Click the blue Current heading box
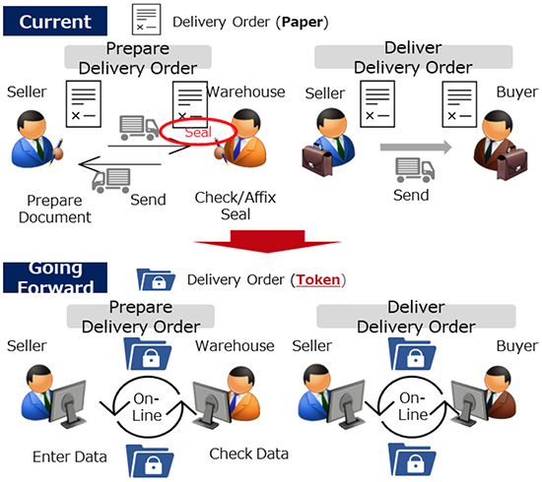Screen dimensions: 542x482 [55, 21]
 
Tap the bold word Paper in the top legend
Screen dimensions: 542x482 [303, 22]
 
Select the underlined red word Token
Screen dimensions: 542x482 [317, 279]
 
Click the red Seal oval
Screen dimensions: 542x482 [198, 132]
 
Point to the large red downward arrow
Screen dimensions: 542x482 [267, 241]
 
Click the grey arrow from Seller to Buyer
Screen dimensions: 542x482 [416, 148]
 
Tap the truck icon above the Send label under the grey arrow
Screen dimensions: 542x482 [415, 170]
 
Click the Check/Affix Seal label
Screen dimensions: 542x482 [236, 206]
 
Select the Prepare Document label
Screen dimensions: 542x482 [54, 210]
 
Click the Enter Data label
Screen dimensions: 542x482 [70, 456]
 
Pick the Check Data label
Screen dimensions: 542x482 [249, 454]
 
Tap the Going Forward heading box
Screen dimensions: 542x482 [55, 277]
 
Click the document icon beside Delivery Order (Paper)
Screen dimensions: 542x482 [146, 20]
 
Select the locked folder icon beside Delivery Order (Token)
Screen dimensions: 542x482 [156, 279]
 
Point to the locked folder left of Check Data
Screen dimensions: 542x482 [150, 461]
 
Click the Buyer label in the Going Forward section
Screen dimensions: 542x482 [516, 346]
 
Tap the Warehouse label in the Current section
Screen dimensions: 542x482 [245, 92]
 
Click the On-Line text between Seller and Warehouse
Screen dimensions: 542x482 [147, 407]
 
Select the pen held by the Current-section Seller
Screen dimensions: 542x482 [56, 151]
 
